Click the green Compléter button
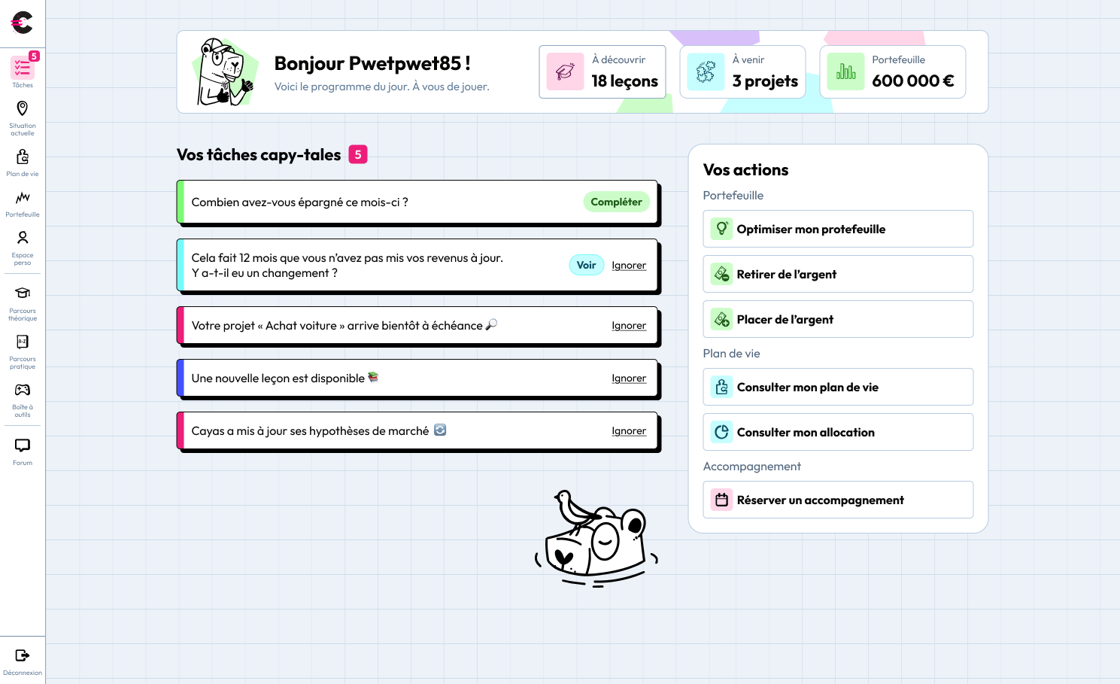(616, 202)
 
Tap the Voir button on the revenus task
(586, 265)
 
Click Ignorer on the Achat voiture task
(629, 326)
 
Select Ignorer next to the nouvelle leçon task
(629, 378)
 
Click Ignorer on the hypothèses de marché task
(629, 431)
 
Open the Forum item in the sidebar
(23, 451)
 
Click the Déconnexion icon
(23, 655)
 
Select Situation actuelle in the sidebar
(23, 118)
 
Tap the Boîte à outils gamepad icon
(23, 390)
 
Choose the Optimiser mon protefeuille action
(838, 229)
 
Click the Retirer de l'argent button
(838, 274)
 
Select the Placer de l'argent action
(838, 319)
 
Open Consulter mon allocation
(838, 432)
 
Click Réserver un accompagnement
(838, 500)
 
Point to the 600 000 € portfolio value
(912, 81)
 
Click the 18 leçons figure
(624, 81)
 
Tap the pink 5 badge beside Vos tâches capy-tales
(358, 154)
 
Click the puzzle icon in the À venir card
(706, 71)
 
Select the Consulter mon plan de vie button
(838, 387)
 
